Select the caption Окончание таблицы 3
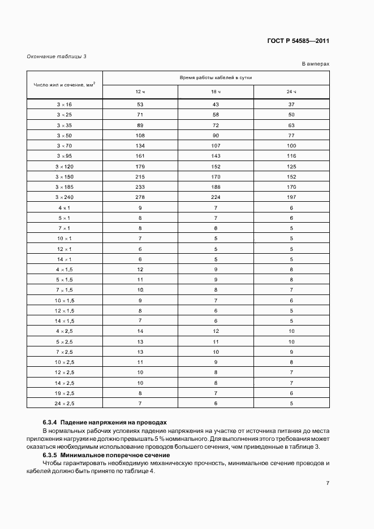[x=57, y=56]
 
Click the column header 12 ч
[x=140, y=92]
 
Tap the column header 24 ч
[x=291, y=92]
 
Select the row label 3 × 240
[x=65, y=197]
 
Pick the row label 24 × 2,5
[x=65, y=403]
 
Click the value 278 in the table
[x=140, y=197]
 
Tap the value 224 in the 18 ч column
[x=216, y=197]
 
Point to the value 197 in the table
[x=291, y=197]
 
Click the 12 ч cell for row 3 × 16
[x=140, y=105]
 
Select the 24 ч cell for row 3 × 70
[x=291, y=145]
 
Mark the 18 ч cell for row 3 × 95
[x=216, y=155]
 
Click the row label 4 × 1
[x=65, y=207]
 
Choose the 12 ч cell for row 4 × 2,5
[x=140, y=331]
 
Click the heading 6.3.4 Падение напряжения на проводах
[x=105, y=422]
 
